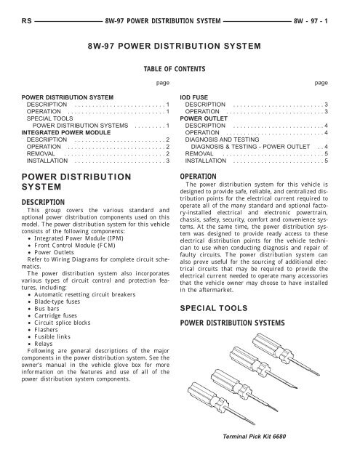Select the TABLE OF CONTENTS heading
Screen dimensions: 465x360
pyautogui.click(x=180, y=70)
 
